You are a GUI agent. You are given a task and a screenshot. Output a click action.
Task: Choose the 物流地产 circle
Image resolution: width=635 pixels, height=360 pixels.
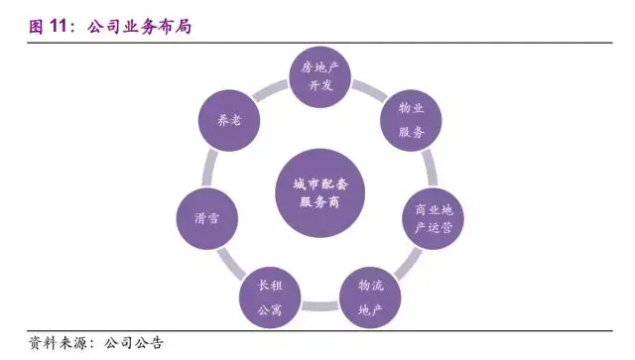tap(368, 294)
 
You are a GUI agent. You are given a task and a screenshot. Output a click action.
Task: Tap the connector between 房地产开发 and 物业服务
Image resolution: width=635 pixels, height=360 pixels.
tap(365, 91)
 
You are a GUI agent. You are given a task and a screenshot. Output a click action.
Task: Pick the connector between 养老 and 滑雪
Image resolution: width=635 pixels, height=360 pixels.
tap(208, 167)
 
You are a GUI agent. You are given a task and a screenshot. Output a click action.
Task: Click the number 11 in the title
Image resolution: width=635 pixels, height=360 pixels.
tap(62, 26)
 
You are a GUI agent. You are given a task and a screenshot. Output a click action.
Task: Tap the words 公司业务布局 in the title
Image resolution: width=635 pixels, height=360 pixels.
tap(138, 26)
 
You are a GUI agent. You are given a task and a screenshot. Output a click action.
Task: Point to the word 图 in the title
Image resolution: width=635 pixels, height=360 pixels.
tap(36, 26)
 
